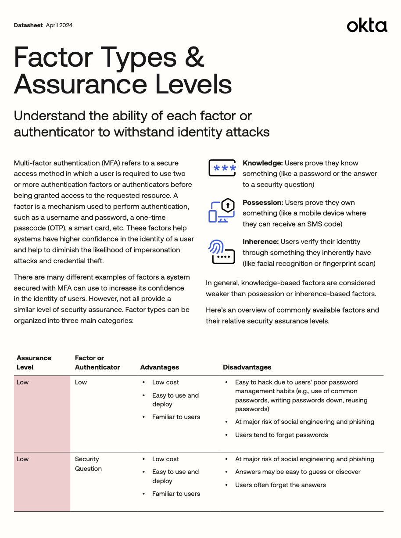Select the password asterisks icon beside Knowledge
222,168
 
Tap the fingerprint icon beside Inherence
222,252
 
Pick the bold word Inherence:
261,242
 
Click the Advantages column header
159,367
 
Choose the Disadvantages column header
247,367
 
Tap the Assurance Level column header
34,362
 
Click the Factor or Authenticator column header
97,362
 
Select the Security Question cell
88,464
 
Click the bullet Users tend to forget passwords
281,435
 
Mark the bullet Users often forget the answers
280,485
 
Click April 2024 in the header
59,25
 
